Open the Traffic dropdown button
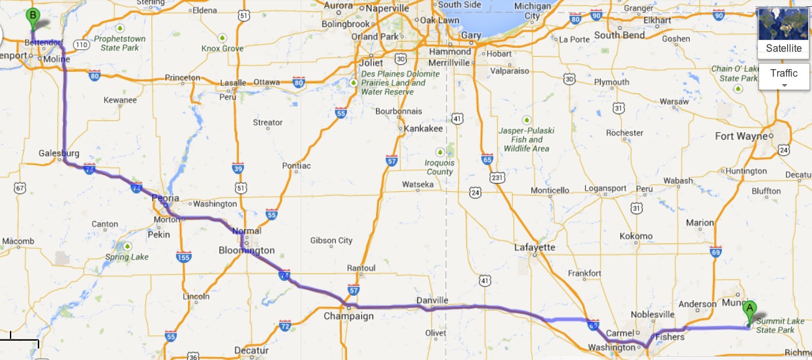click(x=783, y=77)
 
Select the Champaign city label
click(x=349, y=316)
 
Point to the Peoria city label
click(x=166, y=198)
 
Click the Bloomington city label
click(x=247, y=250)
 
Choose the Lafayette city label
click(x=534, y=247)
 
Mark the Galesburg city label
click(x=59, y=153)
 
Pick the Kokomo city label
click(x=636, y=236)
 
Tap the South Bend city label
click(x=619, y=36)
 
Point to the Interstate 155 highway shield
click(x=184, y=257)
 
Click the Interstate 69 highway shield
click(x=715, y=252)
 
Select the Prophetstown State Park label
click(x=120, y=43)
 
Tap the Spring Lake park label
click(x=126, y=257)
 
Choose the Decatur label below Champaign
click(x=251, y=351)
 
